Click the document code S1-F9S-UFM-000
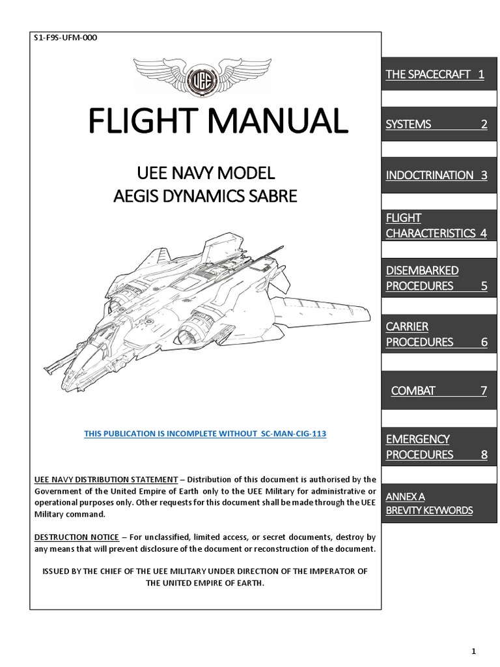coord(65,38)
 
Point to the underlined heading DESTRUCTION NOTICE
coord(77,537)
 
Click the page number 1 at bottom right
coord(474,633)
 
